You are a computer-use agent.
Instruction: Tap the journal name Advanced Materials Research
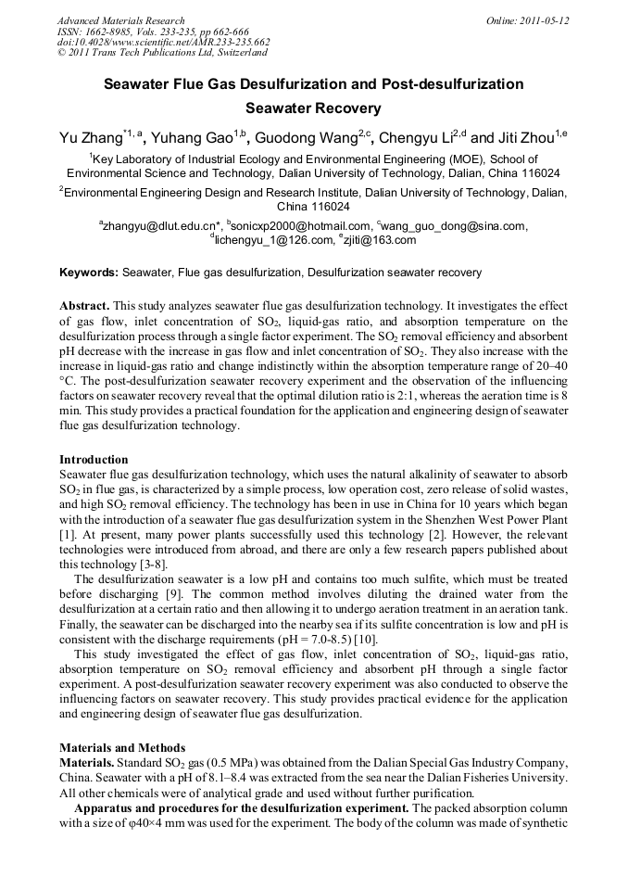(120, 20)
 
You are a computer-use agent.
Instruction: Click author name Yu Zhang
(90, 139)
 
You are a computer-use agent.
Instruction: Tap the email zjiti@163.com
(380, 240)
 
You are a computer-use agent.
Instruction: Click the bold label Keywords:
(89, 273)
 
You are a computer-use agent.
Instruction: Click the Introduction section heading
(94, 459)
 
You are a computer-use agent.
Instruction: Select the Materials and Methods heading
(122, 747)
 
